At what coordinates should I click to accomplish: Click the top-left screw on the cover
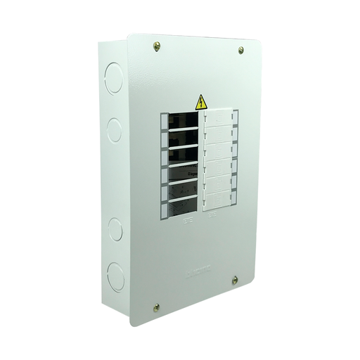tap(156, 46)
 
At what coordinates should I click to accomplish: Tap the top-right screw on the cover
tap(240, 50)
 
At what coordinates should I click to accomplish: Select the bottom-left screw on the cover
tap(156, 307)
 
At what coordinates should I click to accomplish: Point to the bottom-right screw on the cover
tap(235, 280)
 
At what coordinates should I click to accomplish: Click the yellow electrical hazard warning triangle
tap(201, 102)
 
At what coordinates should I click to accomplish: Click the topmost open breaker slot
tap(184, 120)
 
